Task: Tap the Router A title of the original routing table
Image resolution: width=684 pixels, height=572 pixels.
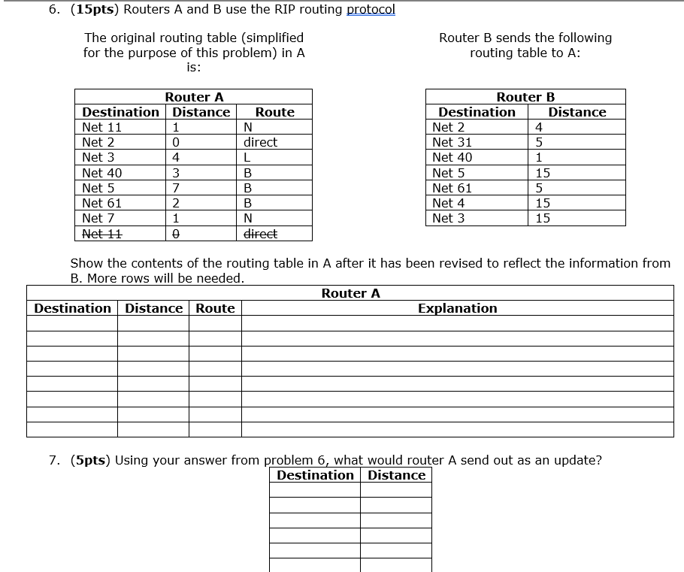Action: point(194,97)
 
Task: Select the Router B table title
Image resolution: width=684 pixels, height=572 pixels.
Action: point(525,97)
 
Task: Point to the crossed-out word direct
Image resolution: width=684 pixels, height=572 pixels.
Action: point(260,233)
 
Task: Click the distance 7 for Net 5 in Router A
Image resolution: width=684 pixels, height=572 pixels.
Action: point(175,188)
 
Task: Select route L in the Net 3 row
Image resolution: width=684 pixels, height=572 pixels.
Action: point(247,157)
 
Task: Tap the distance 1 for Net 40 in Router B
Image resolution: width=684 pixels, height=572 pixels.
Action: point(538,157)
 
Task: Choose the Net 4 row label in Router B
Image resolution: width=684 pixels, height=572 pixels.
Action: point(449,203)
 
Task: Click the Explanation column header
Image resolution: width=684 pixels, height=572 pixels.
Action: point(457,308)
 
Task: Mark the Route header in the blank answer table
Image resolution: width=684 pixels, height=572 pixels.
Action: point(215,308)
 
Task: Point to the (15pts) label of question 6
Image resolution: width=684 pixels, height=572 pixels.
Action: point(93,9)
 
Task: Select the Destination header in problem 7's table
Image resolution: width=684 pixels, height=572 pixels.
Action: point(315,475)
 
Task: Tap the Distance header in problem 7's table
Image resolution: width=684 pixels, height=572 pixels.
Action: point(396,475)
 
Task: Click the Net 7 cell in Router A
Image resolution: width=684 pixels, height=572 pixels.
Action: point(98,218)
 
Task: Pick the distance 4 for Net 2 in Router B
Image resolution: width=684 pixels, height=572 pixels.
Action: point(538,127)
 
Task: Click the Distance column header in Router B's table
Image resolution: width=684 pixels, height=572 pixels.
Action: point(577,112)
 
